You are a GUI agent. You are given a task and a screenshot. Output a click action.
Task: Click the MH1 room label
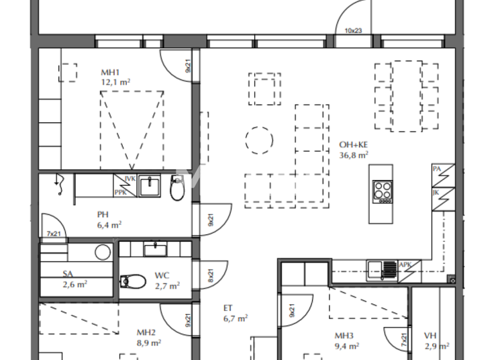point(111,73)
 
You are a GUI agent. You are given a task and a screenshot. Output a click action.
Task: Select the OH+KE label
point(353,145)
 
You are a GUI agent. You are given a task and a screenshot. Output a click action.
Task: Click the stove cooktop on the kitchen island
point(383,191)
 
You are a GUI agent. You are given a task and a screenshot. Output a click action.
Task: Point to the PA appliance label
point(437,169)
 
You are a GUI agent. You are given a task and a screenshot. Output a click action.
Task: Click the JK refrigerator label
point(437,192)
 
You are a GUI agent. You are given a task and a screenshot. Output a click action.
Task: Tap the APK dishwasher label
point(405,264)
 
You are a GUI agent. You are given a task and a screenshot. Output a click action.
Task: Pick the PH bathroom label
point(103,215)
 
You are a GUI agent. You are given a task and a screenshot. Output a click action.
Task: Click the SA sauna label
point(68,273)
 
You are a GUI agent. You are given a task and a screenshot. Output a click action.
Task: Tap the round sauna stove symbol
point(102,251)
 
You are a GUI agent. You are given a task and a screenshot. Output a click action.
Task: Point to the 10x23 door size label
point(353,30)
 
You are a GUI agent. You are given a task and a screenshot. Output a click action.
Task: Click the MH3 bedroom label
point(344,335)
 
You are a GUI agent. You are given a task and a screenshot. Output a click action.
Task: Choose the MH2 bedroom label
point(147,332)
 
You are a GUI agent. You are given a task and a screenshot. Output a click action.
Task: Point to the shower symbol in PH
point(59,183)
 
